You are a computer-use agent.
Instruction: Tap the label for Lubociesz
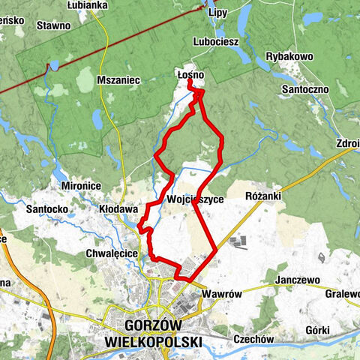(216, 42)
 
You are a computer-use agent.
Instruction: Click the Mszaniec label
(118, 79)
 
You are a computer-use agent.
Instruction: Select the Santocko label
(46, 208)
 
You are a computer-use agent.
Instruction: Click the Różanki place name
(262, 195)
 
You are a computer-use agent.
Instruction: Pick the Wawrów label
(222, 294)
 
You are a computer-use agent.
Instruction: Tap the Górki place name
(319, 330)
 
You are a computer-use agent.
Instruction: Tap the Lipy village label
(217, 13)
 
